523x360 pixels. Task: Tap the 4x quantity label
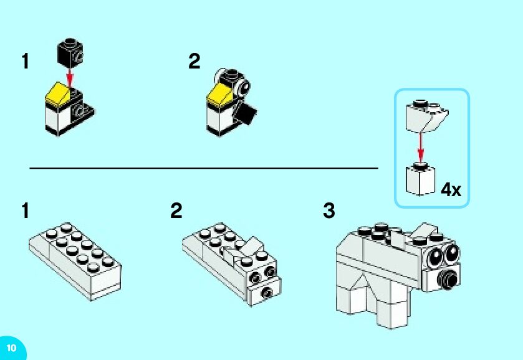coord(451,190)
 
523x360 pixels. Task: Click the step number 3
coord(329,211)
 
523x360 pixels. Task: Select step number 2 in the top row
coord(194,62)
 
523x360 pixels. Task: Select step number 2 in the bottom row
coord(176,211)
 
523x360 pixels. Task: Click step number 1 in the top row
coord(25,62)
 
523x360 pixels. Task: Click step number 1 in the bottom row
coord(25,211)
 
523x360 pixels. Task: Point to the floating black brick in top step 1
coord(70,52)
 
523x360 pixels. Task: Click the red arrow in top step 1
coord(70,77)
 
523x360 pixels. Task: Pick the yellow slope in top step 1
coord(57,93)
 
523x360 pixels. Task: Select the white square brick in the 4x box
coord(419,179)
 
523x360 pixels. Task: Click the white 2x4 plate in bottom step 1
coord(75,262)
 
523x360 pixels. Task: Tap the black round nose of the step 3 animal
coord(446,277)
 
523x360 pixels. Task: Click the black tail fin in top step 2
coord(246,114)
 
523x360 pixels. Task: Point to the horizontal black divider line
coord(203,168)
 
